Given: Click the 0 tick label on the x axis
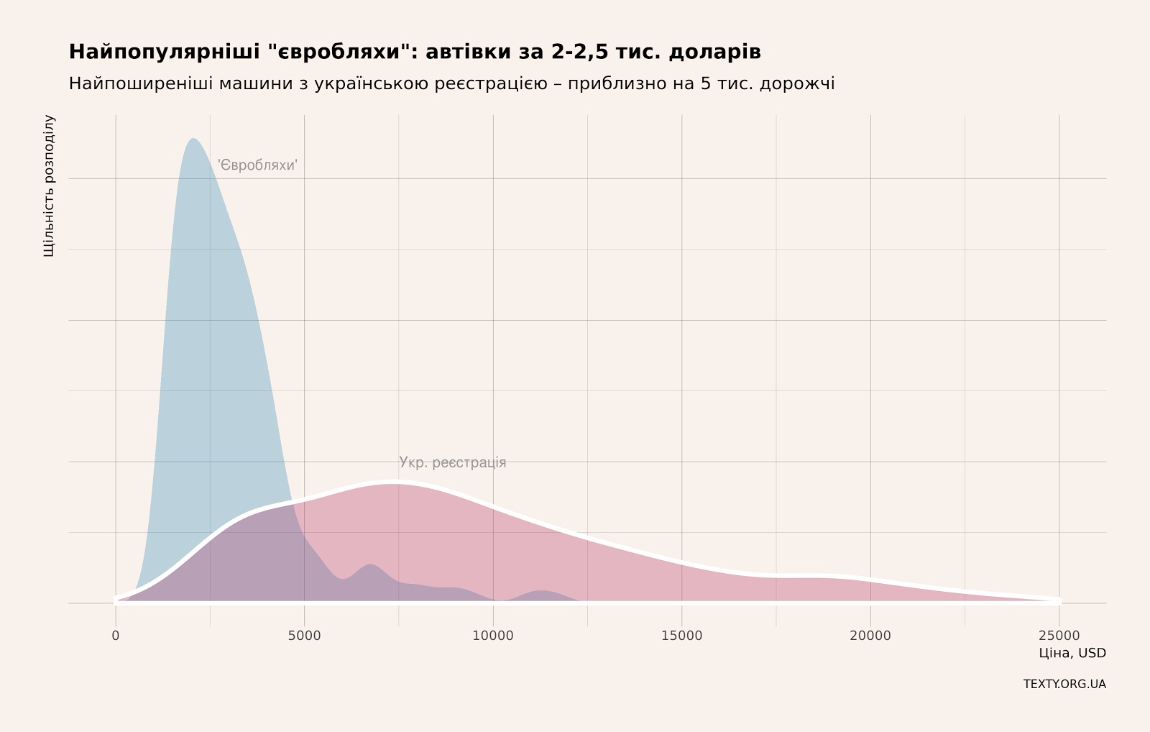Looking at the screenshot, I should [x=116, y=636].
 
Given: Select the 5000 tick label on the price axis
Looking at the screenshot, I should [x=304, y=636].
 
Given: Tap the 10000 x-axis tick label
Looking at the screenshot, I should [x=493, y=636].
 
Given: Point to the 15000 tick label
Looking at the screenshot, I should [x=681, y=636].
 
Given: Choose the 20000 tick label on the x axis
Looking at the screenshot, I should [x=870, y=636].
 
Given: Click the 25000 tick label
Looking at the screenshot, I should [x=1059, y=636].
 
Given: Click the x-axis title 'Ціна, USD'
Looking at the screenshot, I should [x=1072, y=653].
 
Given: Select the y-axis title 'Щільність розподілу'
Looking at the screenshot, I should [x=49, y=186].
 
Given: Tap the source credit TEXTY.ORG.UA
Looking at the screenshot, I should [x=1064, y=684].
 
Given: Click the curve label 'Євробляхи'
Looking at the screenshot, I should [x=257, y=165].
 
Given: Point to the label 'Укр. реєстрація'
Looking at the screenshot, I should [x=453, y=462].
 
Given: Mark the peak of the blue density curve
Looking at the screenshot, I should [x=193, y=139].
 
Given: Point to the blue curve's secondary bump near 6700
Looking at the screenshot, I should [x=370, y=565].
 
